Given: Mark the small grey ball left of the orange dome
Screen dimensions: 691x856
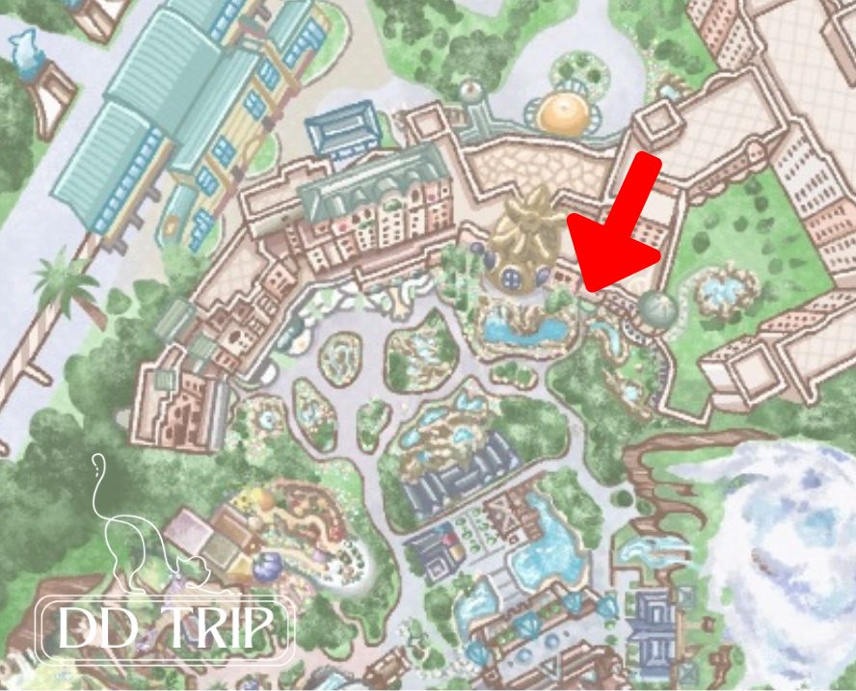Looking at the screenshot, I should pyautogui.click(x=470, y=92).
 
